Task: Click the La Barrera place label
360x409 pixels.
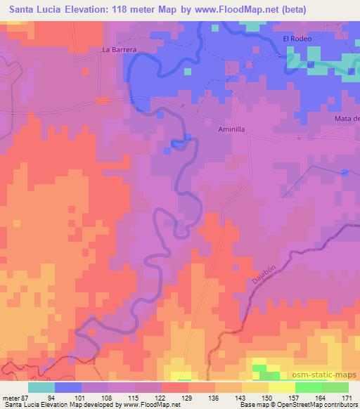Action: (118, 50)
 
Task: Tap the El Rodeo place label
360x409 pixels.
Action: (296, 39)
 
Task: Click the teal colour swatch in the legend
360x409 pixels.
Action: (41, 387)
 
